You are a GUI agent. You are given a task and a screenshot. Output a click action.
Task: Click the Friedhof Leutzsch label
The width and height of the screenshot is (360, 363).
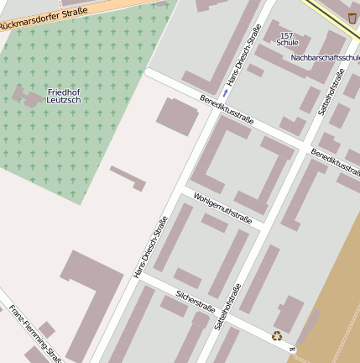tap(64, 95)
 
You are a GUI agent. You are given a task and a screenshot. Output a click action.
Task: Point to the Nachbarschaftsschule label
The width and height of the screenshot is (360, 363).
tap(325, 58)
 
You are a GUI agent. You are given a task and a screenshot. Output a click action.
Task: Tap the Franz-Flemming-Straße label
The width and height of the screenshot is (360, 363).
tap(34, 331)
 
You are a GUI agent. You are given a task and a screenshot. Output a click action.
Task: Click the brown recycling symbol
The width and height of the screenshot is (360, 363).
tap(277, 336)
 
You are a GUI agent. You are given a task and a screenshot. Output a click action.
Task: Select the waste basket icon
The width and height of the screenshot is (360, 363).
tap(351, 18)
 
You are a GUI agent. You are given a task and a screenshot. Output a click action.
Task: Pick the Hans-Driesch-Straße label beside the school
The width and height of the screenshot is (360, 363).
tap(243, 55)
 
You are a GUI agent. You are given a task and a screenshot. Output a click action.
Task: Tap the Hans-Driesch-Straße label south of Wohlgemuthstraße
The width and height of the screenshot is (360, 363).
tap(150, 247)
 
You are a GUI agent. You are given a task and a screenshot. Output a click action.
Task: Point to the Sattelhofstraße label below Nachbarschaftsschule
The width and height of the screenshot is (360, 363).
tap(332, 92)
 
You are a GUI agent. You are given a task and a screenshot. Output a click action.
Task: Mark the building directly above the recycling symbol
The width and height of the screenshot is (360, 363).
tap(288, 313)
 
